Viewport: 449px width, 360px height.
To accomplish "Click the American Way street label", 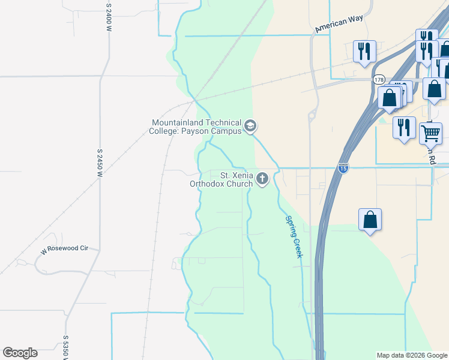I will point(339,23).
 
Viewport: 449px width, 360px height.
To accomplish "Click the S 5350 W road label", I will point(64,347).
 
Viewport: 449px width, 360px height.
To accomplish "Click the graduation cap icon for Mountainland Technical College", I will point(250,127).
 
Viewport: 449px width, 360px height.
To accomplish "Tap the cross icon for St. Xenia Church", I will point(262,178).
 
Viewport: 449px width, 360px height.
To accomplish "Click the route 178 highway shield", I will point(378,79).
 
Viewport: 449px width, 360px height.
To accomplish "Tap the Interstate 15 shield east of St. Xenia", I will point(343,169).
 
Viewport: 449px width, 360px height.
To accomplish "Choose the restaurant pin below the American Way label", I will point(364,52).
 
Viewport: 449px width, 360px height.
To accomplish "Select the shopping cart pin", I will point(430,133).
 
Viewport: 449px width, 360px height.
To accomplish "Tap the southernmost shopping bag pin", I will point(370,220).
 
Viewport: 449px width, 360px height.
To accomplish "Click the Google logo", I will point(20,353).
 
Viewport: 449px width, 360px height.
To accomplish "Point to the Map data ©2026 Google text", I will point(411,355).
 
